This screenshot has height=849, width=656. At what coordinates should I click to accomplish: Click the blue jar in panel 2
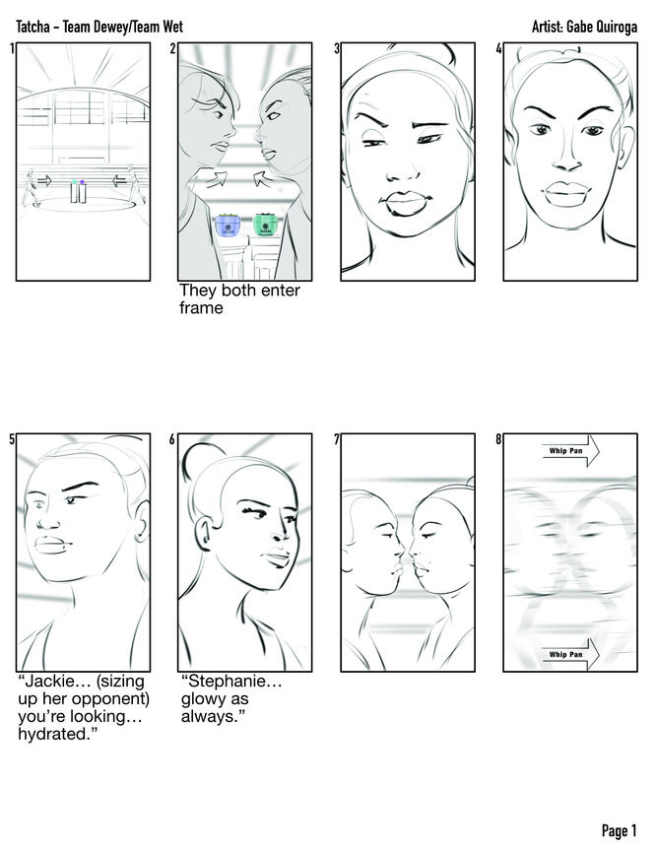click(228, 225)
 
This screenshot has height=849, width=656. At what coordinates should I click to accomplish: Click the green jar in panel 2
click(265, 224)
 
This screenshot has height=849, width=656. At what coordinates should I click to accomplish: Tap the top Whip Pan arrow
click(570, 450)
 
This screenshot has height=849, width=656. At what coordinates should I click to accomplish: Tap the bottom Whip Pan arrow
click(570, 654)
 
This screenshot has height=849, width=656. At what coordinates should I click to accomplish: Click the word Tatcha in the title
click(33, 27)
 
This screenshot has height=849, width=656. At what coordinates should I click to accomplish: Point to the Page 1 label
click(619, 830)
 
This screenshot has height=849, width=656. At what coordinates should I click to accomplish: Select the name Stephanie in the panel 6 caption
click(231, 682)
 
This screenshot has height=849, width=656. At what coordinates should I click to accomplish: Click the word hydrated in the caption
click(54, 734)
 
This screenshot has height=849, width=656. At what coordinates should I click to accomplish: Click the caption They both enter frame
click(239, 298)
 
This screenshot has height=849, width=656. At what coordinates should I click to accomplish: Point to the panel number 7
click(337, 439)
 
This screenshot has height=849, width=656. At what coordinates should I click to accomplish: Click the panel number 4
click(499, 48)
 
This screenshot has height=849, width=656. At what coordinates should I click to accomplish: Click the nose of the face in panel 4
click(566, 157)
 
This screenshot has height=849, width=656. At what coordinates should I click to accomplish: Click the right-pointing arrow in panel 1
click(44, 180)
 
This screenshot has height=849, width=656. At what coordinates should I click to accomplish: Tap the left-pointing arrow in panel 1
click(120, 180)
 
